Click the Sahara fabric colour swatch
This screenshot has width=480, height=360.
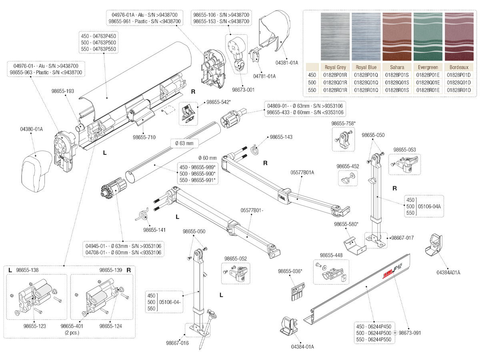[x=397, y=36]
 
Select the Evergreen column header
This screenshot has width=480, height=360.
[x=428, y=67]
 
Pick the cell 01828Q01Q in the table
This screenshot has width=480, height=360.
[x=366, y=82]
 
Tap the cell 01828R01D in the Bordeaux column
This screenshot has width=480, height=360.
[x=459, y=90]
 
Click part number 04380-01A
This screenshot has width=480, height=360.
[x=32, y=129]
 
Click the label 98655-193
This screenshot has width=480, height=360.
[x=62, y=91]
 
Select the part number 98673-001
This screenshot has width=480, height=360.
[x=243, y=90]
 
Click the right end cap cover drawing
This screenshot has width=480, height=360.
[x=275, y=31]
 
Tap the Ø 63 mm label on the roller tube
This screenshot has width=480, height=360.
[x=184, y=143]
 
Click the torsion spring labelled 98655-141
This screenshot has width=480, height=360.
[x=142, y=214]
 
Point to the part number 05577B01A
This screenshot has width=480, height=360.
[x=302, y=172]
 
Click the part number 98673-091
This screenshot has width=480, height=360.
[x=410, y=333]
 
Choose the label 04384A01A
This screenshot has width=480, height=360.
[x=448, y=272]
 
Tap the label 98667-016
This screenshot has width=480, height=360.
[x=177, y=343]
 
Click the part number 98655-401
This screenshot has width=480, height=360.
[x=72, y=326]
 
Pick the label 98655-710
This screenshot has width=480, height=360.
[x=144, y=137]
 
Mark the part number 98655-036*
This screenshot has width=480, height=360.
[x=290, y=271]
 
